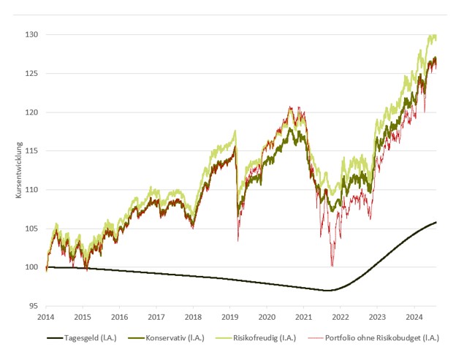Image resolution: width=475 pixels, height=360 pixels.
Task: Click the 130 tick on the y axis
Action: point(33,35)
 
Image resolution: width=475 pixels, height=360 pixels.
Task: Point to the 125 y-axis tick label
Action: point(33,74)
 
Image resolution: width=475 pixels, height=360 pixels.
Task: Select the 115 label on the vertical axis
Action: point(33,151)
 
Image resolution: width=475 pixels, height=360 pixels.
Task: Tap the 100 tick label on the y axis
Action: point(33,267)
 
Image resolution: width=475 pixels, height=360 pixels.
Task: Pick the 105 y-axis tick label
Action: point(33,229)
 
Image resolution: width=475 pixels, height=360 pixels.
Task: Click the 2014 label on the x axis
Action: point(46,318)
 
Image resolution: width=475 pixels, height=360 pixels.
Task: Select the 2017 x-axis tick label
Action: point(156,318)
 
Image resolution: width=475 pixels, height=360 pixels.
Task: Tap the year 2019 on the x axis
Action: point(229,318)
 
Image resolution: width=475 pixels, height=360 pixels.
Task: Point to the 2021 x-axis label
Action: point(303,318)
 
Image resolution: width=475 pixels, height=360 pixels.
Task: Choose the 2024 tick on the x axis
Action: point(414,318)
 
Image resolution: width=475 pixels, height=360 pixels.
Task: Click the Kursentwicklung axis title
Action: point(19,170)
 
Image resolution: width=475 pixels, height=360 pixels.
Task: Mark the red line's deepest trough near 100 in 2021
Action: point(332,266)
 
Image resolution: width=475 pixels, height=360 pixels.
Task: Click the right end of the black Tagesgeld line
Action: point(436,222)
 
